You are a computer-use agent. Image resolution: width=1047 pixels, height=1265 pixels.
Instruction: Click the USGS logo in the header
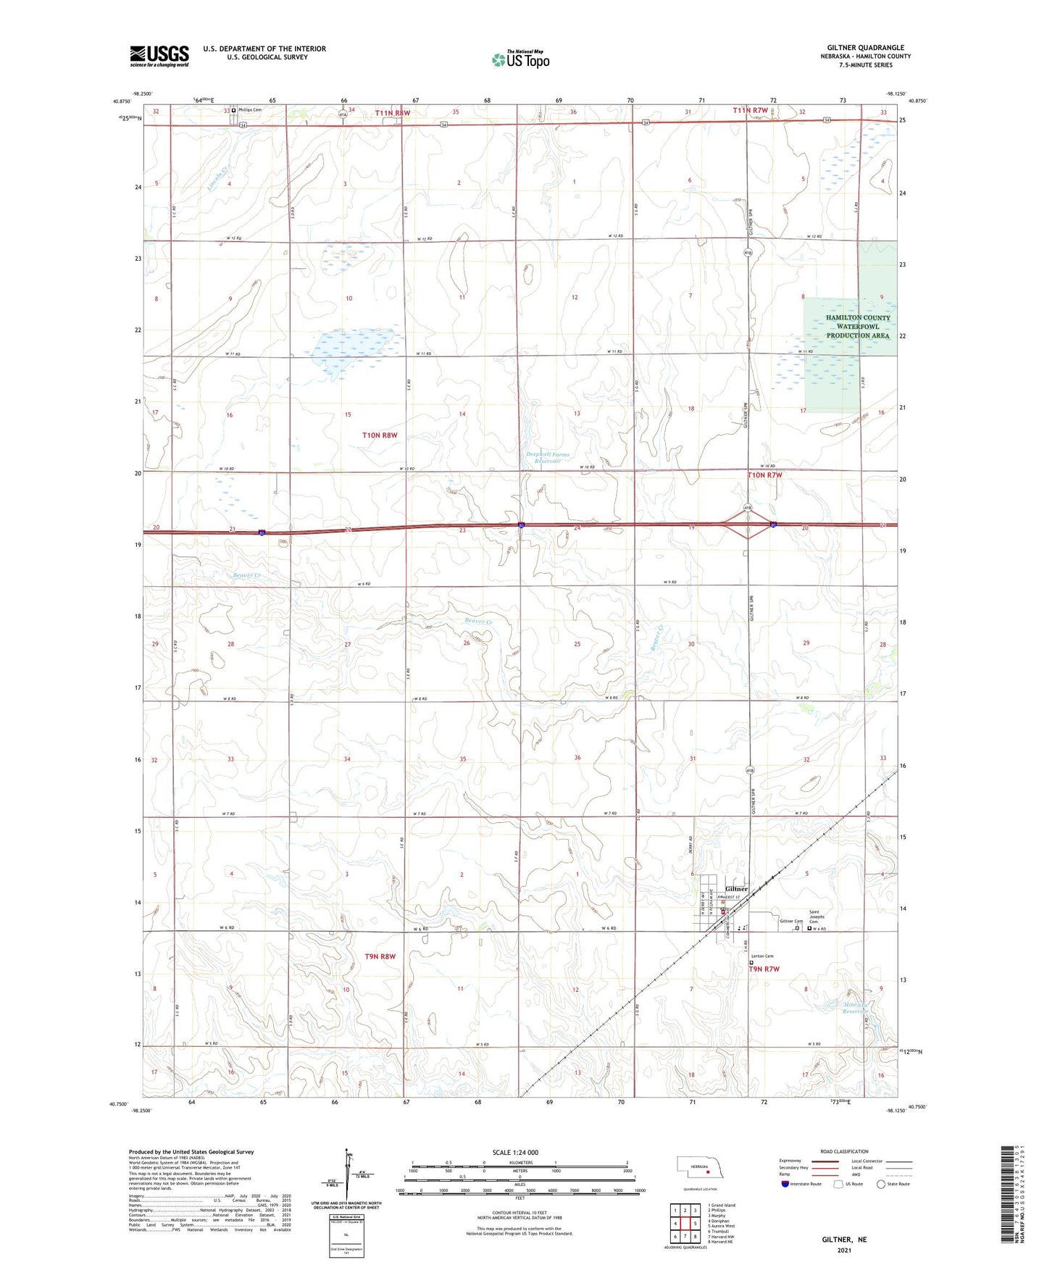tap(159, 55)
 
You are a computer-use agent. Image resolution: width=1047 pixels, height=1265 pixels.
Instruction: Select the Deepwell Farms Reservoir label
tap(548, 458)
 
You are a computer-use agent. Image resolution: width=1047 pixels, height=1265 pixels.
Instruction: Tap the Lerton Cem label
tap(762, 956)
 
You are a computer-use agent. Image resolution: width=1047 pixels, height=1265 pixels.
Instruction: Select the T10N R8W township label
tap(380, 435)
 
